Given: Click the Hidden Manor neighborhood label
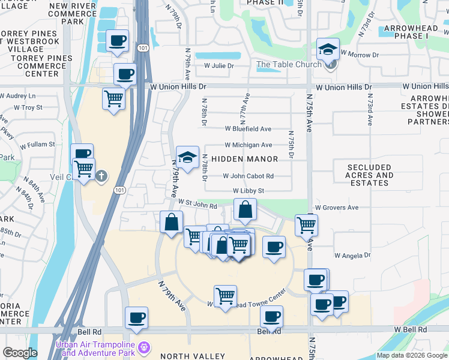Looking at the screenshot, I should (244, 159).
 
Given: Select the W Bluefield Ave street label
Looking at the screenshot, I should (248, 128).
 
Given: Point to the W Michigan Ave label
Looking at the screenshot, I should (248, 145).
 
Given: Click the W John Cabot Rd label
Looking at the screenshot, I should (248, 176).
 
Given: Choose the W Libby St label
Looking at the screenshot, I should (249, 191).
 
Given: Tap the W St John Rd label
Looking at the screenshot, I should (196, 205).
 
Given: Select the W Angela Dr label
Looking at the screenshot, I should (352, 255).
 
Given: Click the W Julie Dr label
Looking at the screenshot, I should (214, 65).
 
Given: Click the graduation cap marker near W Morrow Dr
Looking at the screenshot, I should (328, 49).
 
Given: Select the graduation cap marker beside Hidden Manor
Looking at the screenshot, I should (187, 157).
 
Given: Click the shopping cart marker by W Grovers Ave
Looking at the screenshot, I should (306, 225).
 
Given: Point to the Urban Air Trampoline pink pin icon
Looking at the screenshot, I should (143, 347).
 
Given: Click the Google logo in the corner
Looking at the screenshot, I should (19, 353).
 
